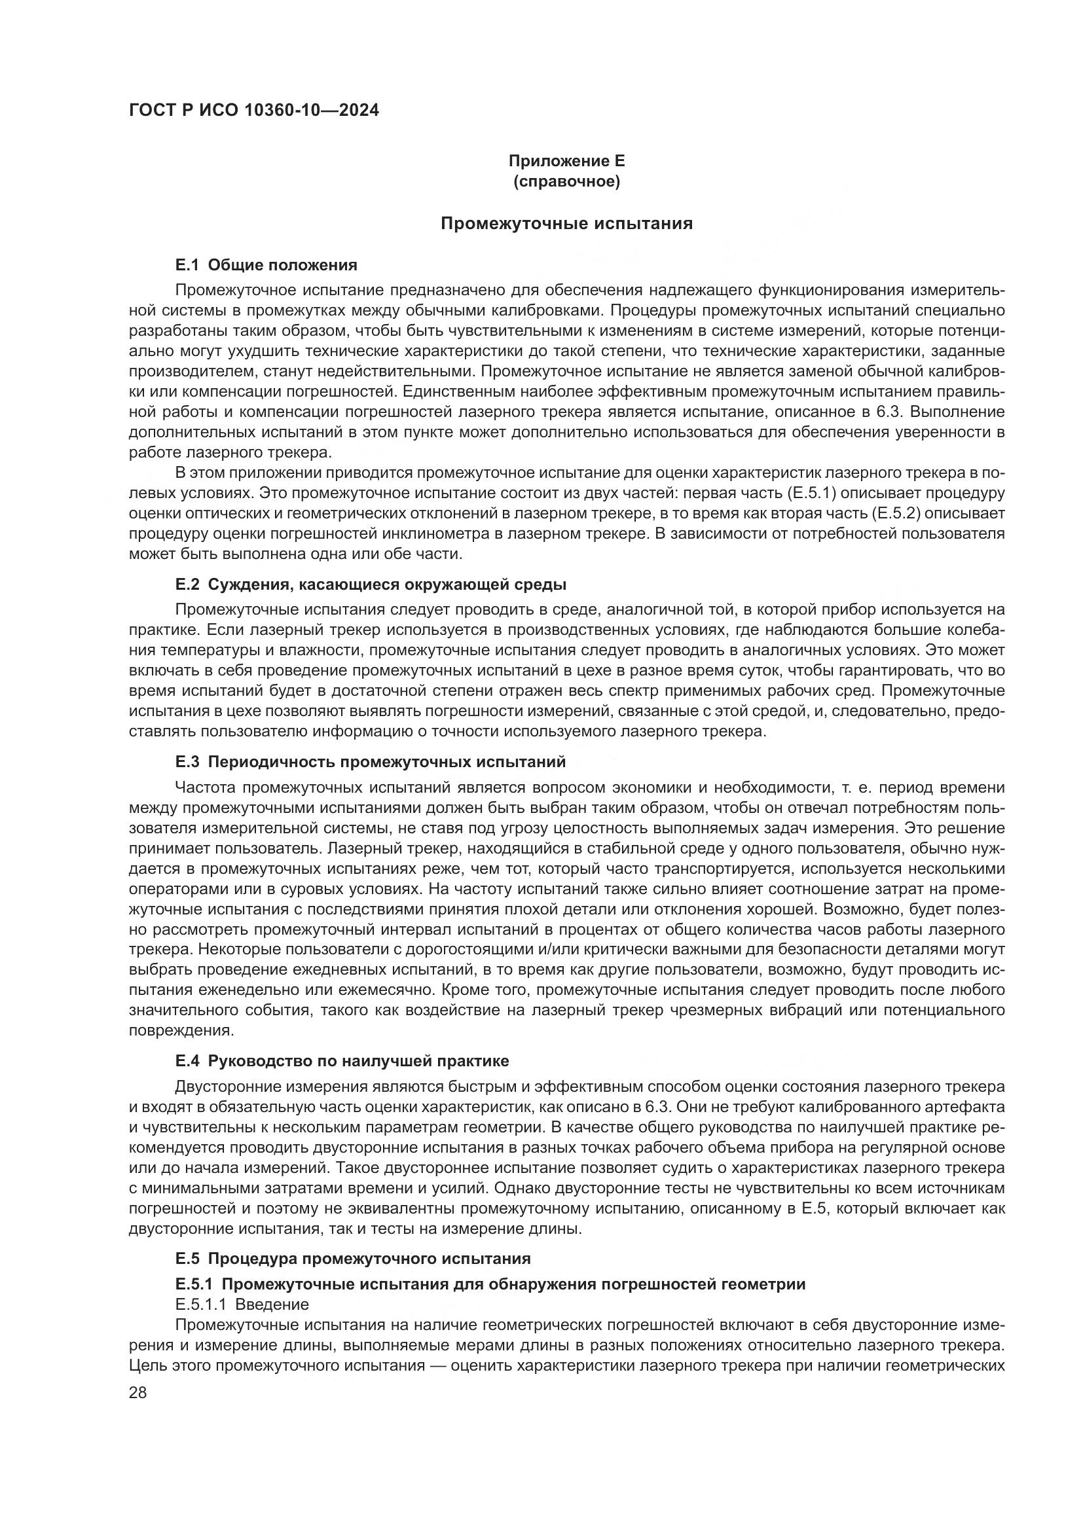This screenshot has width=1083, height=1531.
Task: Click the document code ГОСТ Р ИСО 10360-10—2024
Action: (x=253, y=110)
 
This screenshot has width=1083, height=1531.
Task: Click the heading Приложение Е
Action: (x=566, y=161)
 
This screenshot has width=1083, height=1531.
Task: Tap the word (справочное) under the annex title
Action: (x=566, y=181)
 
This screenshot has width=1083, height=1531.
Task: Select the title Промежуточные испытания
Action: (x=566, y=223)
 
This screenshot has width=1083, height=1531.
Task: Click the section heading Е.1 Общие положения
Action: (x=266, y=265)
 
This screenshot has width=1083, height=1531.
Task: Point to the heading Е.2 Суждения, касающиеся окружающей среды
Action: (x=371, y=585)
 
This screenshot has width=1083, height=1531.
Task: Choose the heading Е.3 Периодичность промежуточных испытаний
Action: (x=370, y=761)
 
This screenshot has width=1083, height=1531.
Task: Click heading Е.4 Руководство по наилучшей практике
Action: (x=342, y=1061)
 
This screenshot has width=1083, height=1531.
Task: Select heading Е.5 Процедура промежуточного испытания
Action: (x=353, y=1258)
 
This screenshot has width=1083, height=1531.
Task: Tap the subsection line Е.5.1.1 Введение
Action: (x=242, y=1305)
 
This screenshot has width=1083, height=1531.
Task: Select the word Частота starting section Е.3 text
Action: (x=205, y=787)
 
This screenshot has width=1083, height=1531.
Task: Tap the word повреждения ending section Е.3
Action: (x=180, y=1030)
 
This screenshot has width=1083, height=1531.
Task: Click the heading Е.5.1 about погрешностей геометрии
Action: (x=490, y=1284)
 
